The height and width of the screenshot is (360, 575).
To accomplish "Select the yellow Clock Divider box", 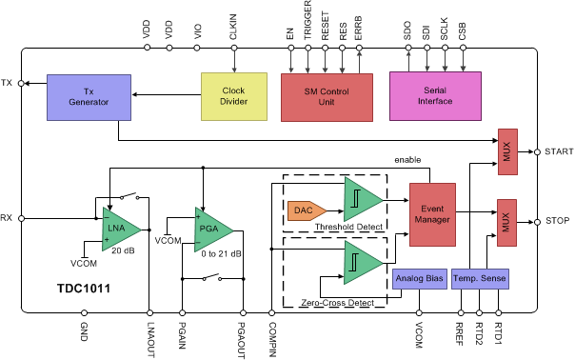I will click(x=234, y=96).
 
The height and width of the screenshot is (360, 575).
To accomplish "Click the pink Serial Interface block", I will click(x=434, y=96).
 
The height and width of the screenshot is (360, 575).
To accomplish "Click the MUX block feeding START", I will click(x=506, y=151).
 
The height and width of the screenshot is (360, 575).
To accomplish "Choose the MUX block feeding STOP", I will click(x=506, y=219).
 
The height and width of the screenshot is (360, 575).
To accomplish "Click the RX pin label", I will click(x=8, y=217).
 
